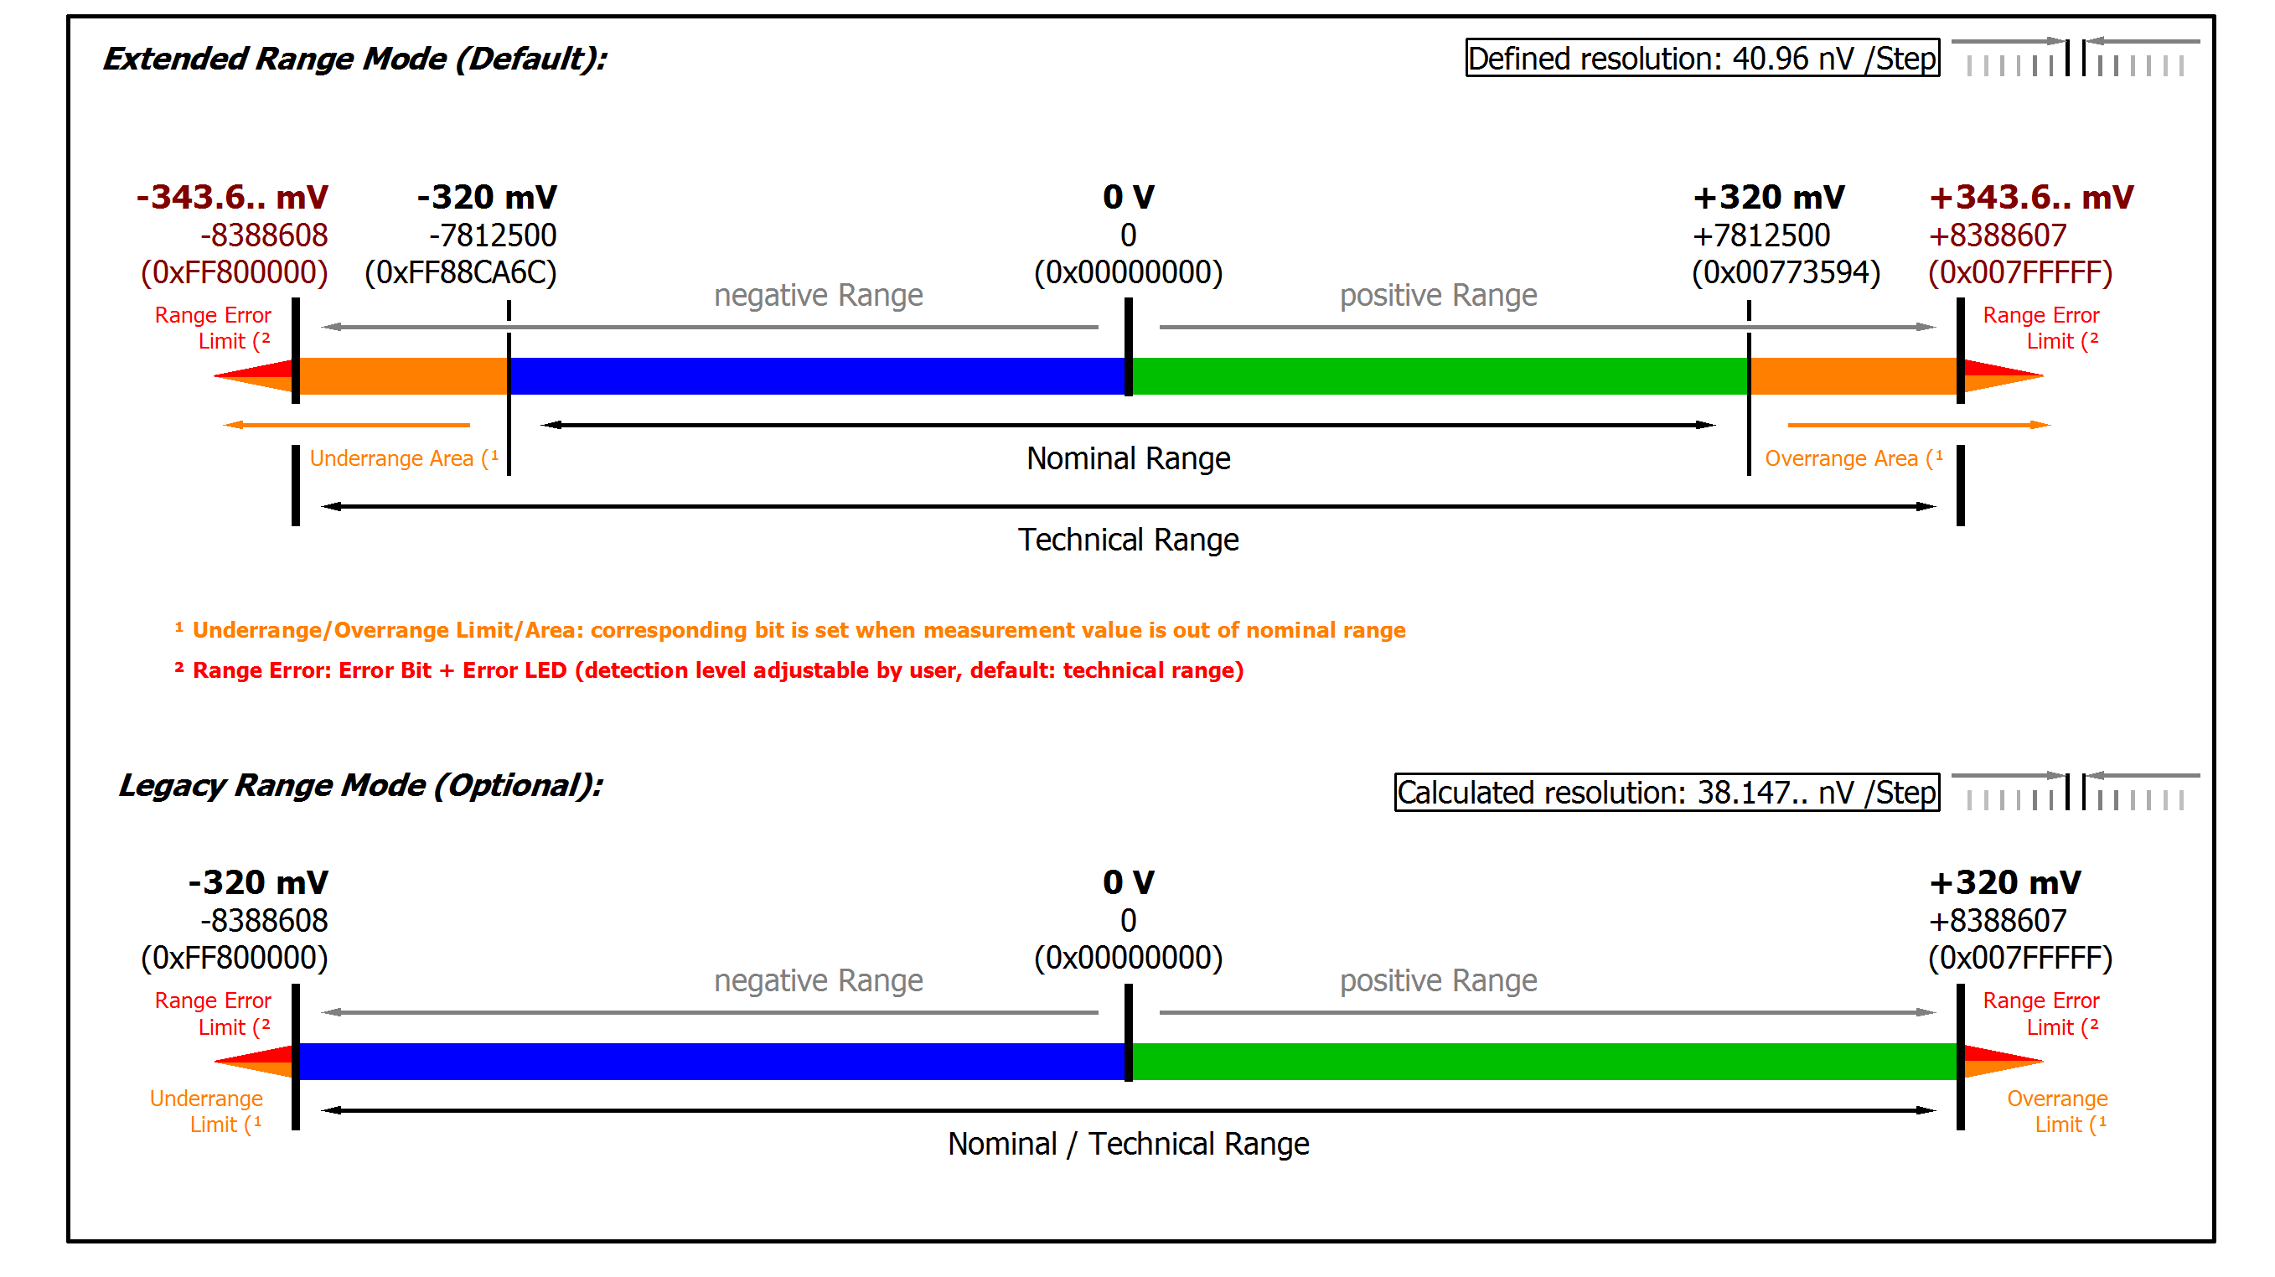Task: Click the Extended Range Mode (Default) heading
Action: point(354,59)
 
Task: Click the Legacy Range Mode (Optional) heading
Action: point(360,785)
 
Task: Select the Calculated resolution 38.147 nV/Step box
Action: point(1666,792)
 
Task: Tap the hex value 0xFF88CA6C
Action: point(460,272)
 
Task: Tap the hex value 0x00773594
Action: point(1785,272)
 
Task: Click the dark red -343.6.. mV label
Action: point(231,196)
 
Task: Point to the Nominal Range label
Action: point(1128,458)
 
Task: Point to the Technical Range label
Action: point(1128,540)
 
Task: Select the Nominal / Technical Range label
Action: point(1128,1144)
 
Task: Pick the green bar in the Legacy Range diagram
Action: point(1545,1062)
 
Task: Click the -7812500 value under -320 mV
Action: point(492,235)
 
